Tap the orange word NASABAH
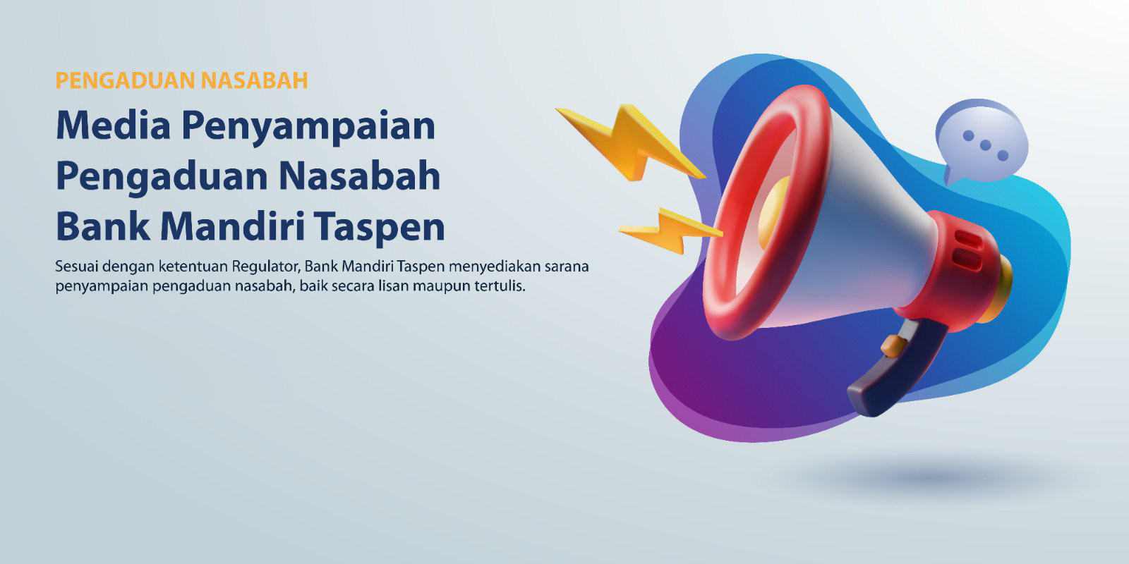click(255, 80)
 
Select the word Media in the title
click(114, 125)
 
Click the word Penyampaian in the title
click(308, 128)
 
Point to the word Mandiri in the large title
click(232, 226)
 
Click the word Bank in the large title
click(103, 226)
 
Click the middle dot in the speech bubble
click(985, 145)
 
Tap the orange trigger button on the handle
click(893, 346)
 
